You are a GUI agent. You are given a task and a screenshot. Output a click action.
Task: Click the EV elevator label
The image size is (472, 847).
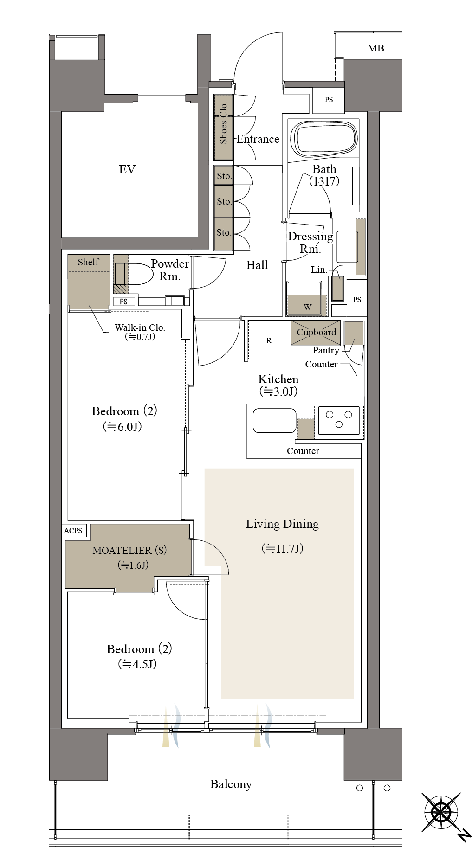click(x=127, y=169)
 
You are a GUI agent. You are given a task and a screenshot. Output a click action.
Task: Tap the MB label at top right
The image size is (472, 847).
click(x=375, y=48)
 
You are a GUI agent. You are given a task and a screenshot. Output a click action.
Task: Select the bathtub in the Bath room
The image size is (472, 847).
click(x=324, y=139)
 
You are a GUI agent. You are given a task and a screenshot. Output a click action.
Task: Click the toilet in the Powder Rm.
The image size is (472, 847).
click(x=140, y=274)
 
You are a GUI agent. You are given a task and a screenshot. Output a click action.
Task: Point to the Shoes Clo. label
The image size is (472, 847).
click(x=224, y=122)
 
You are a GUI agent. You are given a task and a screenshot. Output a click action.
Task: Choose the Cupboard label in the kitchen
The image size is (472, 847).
click(x=316, y=332)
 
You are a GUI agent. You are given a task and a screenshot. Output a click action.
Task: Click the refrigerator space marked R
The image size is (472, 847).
click(x=269, y=340)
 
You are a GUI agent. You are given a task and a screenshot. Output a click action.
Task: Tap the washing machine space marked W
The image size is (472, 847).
click(x=307, y=299)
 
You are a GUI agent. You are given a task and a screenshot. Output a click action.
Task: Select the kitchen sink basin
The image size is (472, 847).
click(x=274, y=420)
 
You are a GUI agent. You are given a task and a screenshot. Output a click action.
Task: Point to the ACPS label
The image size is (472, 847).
click(x=73, y=531)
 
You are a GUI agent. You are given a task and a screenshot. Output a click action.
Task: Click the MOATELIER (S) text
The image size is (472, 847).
click(x=129, y=551)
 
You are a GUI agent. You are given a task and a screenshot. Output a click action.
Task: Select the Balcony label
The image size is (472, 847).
click(x=231, y=784)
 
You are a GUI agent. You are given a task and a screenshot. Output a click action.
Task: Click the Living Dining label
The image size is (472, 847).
click(x=282, y=524)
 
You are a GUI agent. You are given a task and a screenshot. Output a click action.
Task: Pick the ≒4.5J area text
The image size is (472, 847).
click(x=137, y=664)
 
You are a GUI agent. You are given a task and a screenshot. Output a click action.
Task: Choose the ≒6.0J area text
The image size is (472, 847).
click(x=123, y=427)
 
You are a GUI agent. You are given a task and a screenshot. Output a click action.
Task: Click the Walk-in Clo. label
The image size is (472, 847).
click(x=140, y=327)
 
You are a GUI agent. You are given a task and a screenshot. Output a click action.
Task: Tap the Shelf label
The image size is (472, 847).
click(x=88, y=262)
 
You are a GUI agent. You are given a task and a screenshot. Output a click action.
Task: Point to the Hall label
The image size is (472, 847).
click(x=257, y=265)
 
